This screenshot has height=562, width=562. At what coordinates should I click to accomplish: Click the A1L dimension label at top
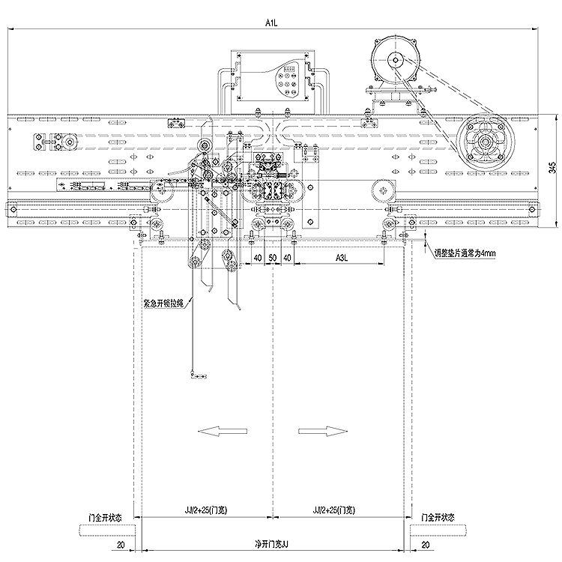pos(271,23)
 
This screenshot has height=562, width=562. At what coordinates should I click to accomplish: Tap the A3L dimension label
pos(342,258)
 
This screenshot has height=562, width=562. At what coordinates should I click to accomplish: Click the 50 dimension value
pos(273,258)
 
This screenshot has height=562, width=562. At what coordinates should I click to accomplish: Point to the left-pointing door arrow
pos(223,431)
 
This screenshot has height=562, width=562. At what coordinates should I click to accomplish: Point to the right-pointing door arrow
pos(323,431)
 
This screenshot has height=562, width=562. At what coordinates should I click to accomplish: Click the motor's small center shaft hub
pos(395,60)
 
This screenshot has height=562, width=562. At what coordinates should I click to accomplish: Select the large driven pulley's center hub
pos(486,142)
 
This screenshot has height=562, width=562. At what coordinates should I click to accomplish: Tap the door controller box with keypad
pos(273,76)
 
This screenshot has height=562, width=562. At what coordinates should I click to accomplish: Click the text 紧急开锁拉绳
pos(163,304)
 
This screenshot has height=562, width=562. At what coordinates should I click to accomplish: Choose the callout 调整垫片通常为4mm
pos(465,253)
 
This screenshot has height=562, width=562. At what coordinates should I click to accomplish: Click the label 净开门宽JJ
pos(271,545)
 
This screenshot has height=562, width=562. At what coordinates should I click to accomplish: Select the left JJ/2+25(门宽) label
pos(206,510)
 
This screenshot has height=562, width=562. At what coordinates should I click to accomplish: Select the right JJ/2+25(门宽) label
pos(333,510)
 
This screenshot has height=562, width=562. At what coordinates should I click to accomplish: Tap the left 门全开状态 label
pos(105,518)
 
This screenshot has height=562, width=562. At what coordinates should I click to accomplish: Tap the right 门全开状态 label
pos(438,518)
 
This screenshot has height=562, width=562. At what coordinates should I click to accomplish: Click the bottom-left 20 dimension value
pos(121,545)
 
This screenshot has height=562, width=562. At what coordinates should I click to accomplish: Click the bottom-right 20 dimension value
pos(426,545)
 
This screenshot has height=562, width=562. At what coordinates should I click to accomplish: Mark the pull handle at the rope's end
pos(199,375)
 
